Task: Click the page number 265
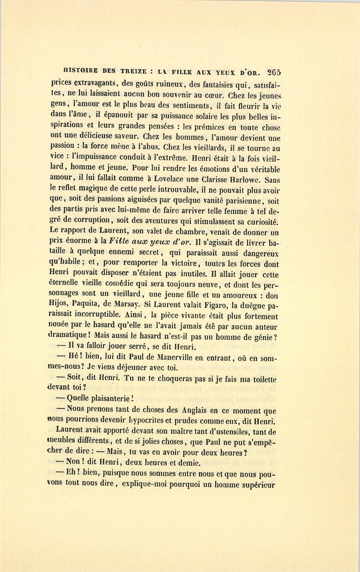pyautogui.click(x=274, y=73)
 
